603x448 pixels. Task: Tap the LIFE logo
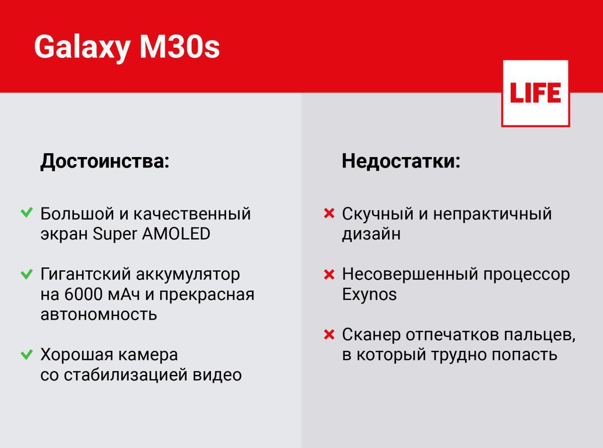point(536,93)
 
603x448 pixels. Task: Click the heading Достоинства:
point(105,161)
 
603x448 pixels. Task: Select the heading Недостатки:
point(401,161)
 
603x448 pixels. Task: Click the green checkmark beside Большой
point(27,213)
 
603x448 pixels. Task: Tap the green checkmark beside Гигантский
point(27,274)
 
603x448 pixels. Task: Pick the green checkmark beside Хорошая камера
point(27,354)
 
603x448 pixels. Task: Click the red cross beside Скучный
point(329,213)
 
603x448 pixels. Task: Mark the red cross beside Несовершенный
point(329,274)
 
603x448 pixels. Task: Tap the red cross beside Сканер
point(329,334)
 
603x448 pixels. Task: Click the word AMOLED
point(176,233)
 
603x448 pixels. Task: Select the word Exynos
point(369,295)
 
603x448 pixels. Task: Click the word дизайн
point(371,234)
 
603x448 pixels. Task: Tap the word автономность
point(98,315)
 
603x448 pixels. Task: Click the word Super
point(115,234)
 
